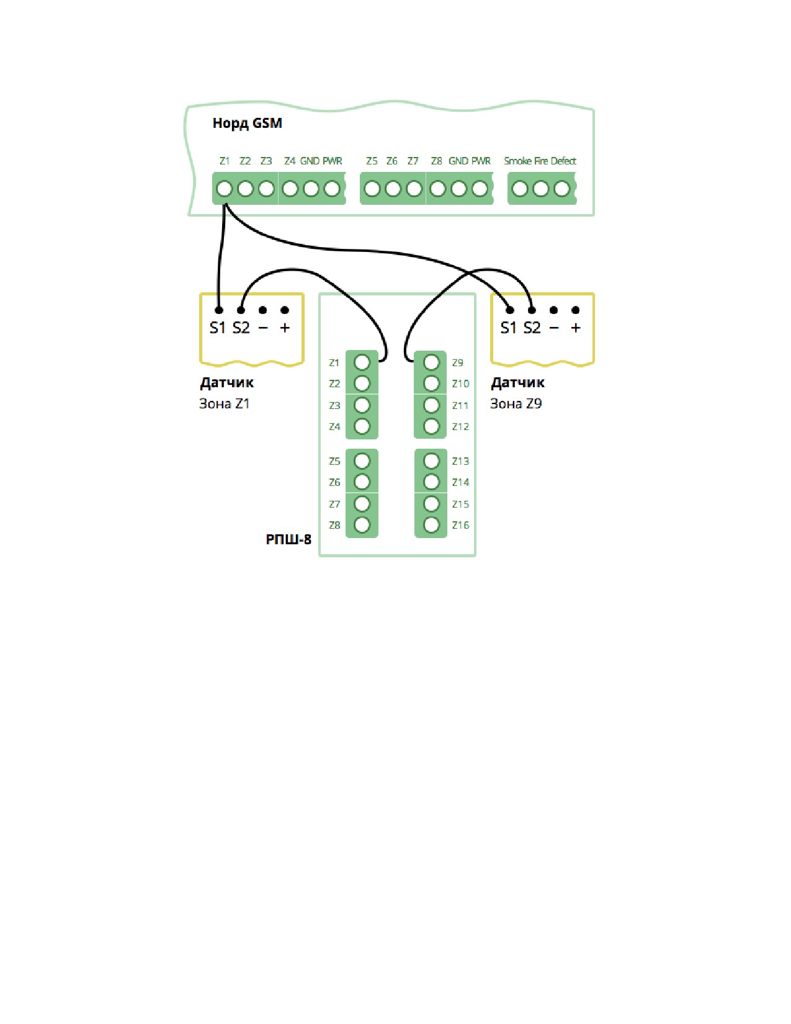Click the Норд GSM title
(x=248, y=124)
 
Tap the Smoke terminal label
(x=517, y=161)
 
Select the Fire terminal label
(x=541, y=161)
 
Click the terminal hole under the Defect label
(x=561, y=189)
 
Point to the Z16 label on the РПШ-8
(x=460, y=526)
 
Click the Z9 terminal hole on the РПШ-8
(x=432, y=363)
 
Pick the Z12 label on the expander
(x=460, y=427)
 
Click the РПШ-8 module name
(x=288, y=539)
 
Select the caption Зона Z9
(x=516, y=404)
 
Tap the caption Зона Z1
(x=224, y=404)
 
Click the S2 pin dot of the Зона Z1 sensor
(x=241, y=310)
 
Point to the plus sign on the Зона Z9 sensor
(x=576, y=328)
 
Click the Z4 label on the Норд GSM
(x=290, y=161)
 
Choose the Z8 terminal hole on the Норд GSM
(x=437, y=189)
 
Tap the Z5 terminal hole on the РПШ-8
(x=362, y=461)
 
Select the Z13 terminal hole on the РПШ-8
(x=432, y=461)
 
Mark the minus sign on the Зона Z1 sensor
(x=263, y=328)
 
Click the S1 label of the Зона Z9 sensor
(x=509, y=328)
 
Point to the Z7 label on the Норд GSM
(x=413, y=161)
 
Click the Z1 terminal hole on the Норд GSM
(x=224, y=189)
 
